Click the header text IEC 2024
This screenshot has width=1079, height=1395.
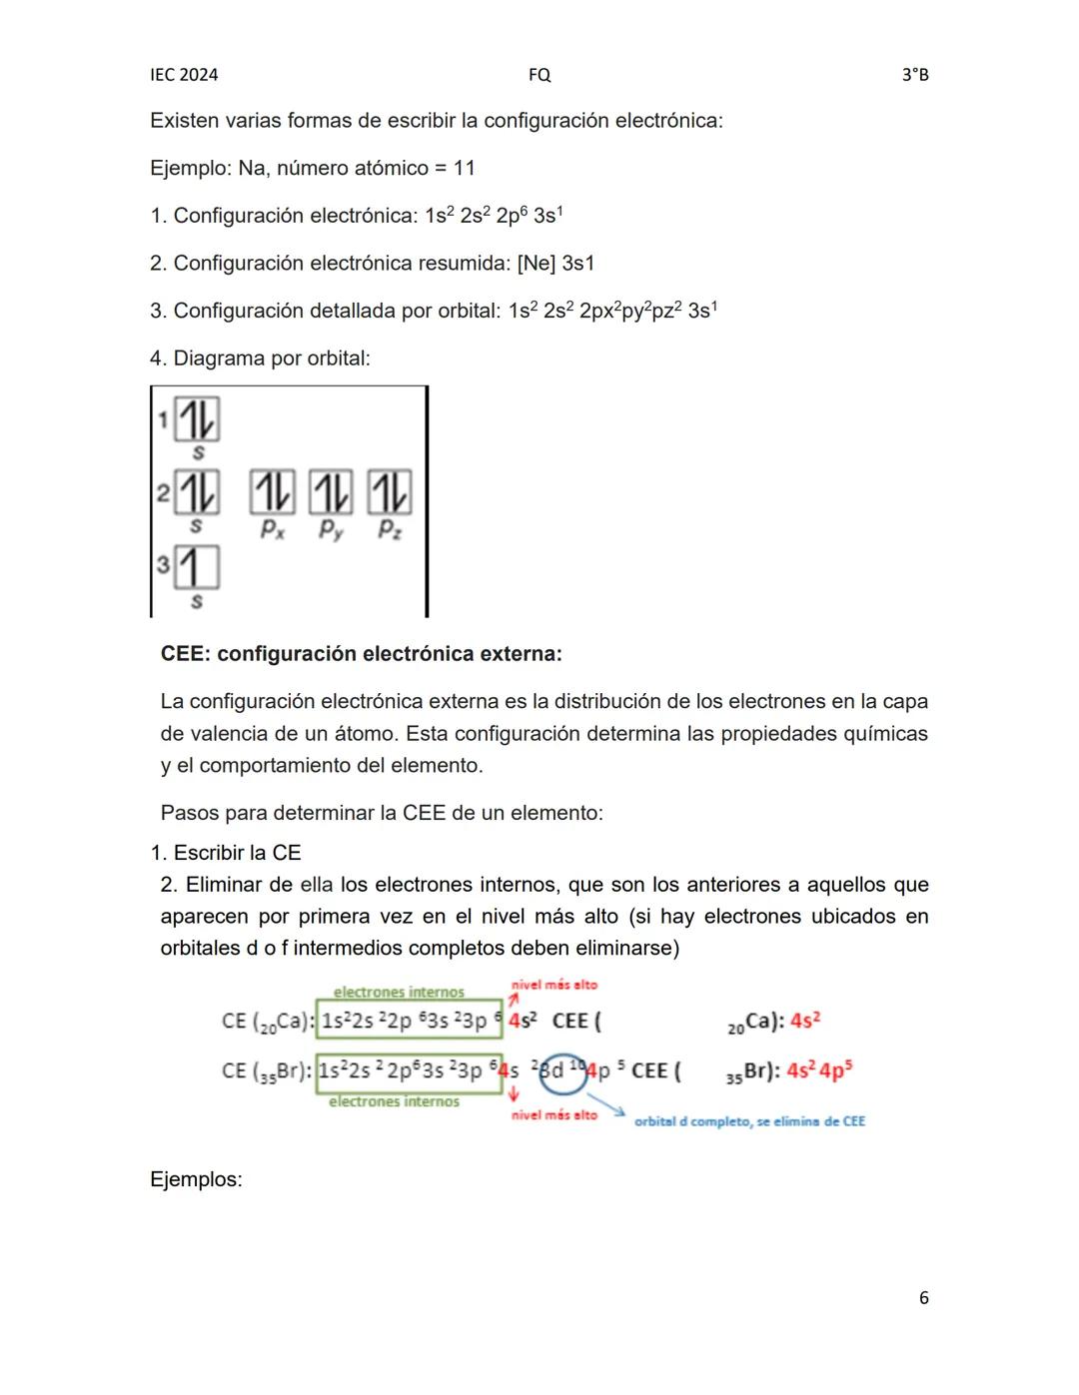pyautogui.click(x=184, y=75)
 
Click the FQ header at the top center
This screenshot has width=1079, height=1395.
pyautogui.click(x=539, y=75)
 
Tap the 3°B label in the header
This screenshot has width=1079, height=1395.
pyautogui.click(x=915, y=75)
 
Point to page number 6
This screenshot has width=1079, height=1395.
pyautogui.click(x=924, y=1298)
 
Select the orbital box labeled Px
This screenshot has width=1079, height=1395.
pyautogui.click(x=272, y=492)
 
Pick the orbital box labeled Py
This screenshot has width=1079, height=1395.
pyautogui.click(x=331, y=492)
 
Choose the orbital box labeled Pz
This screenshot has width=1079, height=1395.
pyautogui.click(x=390, y=492)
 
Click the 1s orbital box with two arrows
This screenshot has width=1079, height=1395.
pyautogui.click(x=197, y=419)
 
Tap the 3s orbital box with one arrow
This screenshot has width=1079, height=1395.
pyautogui.click(x=197, y=567)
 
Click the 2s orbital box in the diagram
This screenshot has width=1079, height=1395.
pyautogui.click(x=197, y=492)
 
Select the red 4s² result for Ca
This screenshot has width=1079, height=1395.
pyautogui.click(x=805, y=1021)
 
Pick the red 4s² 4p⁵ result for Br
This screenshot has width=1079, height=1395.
pyautogui.click(x=819, y=1071)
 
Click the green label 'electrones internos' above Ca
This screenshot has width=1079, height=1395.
pyautogui.click(x=399, y=992)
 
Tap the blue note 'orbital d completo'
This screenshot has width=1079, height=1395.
pyautogui.click(x=749, y=1121)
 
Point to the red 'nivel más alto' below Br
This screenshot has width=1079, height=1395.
pyautogui.click(x=554, y=1114)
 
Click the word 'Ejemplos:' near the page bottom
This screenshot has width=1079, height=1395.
pyautogui.click(x=196, y=1179)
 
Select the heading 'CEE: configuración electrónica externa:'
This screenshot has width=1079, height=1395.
pyautogui.click(x=361, y=654)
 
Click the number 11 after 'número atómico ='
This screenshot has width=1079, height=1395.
pyautogui.click(x=465, y=168)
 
